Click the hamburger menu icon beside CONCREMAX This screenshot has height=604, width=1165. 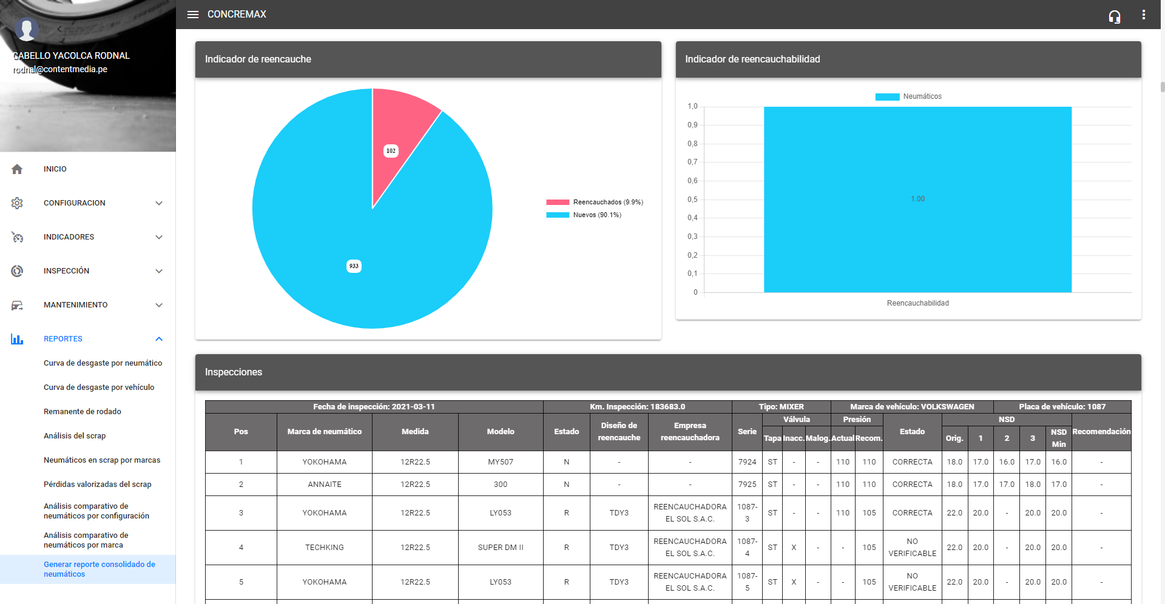click(193, 15)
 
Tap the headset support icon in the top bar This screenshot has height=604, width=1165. click(1114, 16)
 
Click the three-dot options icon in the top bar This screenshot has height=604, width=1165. click(1143, 15)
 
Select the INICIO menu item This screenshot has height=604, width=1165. click(55, 169)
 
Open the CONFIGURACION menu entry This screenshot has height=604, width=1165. click(75, 203)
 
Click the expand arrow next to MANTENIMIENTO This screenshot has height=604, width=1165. click(159, 305)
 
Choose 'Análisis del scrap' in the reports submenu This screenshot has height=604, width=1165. click(75, 436)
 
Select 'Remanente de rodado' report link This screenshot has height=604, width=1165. click(83, 412)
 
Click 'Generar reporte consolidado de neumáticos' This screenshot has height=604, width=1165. click(100, 569)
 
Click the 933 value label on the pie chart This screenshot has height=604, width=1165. click(354, 266)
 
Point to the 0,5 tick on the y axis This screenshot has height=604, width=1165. click(692, 200)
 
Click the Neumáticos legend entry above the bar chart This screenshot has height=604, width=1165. click(909, 97)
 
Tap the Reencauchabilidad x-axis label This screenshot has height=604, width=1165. click(917, 303)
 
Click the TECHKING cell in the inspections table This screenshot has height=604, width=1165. click(325, 548)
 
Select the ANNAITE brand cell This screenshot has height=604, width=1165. click(325, 485)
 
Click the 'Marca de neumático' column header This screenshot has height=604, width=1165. click(325, 432)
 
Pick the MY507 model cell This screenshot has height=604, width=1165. click(501, 462)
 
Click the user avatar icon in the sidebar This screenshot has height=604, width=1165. click(27, 29)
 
